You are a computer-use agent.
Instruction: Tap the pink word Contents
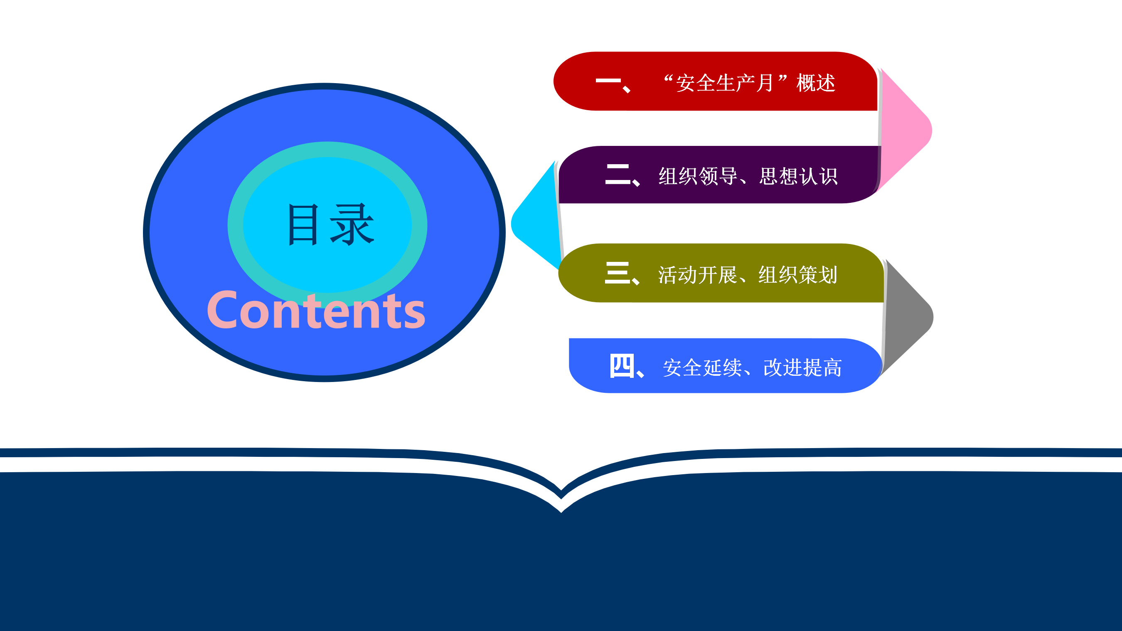point(316,310)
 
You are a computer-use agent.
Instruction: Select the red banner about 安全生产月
point(715,81)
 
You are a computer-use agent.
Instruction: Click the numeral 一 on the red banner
point(608,81)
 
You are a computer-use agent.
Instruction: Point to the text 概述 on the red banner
point(816,83)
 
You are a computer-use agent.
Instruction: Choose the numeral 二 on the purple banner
point(618,174)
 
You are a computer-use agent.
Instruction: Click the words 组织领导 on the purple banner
point(698,177)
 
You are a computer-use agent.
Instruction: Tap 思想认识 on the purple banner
point(798,177)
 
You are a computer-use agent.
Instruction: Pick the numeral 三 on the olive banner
point(617,273)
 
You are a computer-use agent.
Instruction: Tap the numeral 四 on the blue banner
point(622,366)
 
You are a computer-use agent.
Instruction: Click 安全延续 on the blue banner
point(702,367)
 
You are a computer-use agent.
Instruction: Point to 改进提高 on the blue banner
point(803,367)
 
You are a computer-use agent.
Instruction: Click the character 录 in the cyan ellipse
point(352,224)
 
